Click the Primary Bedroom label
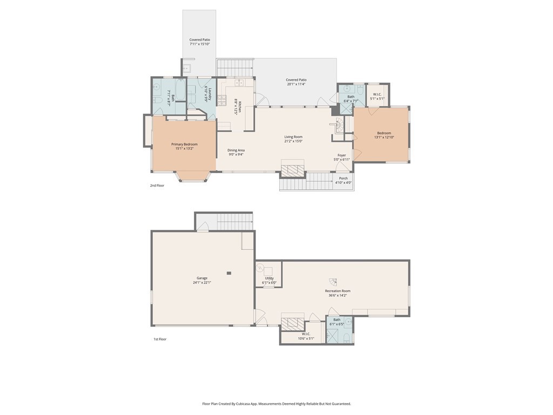tap(184, 144)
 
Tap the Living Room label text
tap(293, 137)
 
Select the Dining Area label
tap(236, 150)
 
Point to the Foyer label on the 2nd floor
tap(342, 155)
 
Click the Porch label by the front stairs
tap(343, 178)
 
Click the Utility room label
tap(269, 278)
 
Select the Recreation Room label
tap(338, 291)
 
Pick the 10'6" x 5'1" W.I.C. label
tap(305, 334)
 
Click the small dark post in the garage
tap(229, 273)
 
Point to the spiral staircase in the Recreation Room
tap(333, 282)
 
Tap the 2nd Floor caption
tap(157, 185)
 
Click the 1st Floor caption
tap(160, 339)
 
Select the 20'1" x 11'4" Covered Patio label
tap(296, 80)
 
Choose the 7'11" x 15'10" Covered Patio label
tap(199, 40)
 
